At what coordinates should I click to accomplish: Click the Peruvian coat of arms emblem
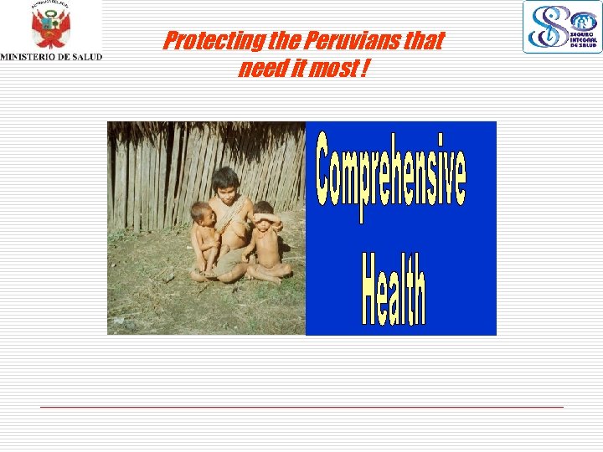click(x=50, y=28)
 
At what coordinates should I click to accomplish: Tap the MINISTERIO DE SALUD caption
click(x=51, y=57)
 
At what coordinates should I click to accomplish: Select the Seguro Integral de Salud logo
click(x=562, y=27)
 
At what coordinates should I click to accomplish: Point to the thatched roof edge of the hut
click(x=205, y=131)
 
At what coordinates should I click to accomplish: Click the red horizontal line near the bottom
click(x=301, y=407)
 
